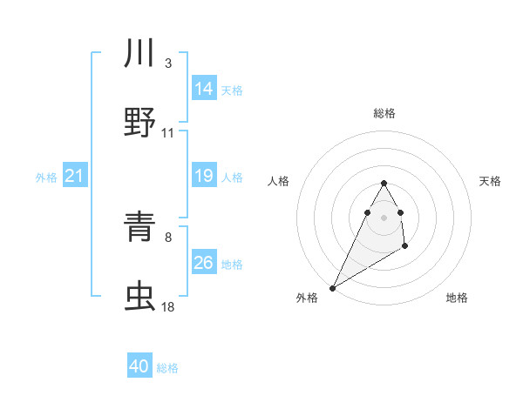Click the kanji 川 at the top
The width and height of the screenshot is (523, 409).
[x=140, y=53]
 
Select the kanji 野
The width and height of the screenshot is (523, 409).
[x=140, y=121]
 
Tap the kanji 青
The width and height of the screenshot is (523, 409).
[x=140, y=226]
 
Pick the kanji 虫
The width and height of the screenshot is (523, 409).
[x=140, y=296]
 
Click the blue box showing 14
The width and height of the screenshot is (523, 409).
[x=204, y=88]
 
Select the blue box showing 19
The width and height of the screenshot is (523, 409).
[x=204, y=176]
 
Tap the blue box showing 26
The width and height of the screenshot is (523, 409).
[x=204, y=263]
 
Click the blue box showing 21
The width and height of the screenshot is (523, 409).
[x=75, y=177]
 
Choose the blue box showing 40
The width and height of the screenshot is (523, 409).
[x=139, y=366]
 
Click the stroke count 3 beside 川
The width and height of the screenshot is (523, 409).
[x=168, y=64]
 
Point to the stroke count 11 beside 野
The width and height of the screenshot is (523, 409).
[x=168, y=133]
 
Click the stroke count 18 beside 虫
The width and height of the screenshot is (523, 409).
[x=168, y=307]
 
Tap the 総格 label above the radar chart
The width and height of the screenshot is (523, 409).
[x=384, y=113]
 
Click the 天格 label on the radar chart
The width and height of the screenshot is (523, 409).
[x=491, y=181]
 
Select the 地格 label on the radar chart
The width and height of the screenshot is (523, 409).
[x=457, y=298]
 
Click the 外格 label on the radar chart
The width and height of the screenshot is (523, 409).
[x=307, y=298]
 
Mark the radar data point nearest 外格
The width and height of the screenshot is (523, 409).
[x=332, y=287]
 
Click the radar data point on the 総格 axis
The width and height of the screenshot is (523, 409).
[x=384, y=184]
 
